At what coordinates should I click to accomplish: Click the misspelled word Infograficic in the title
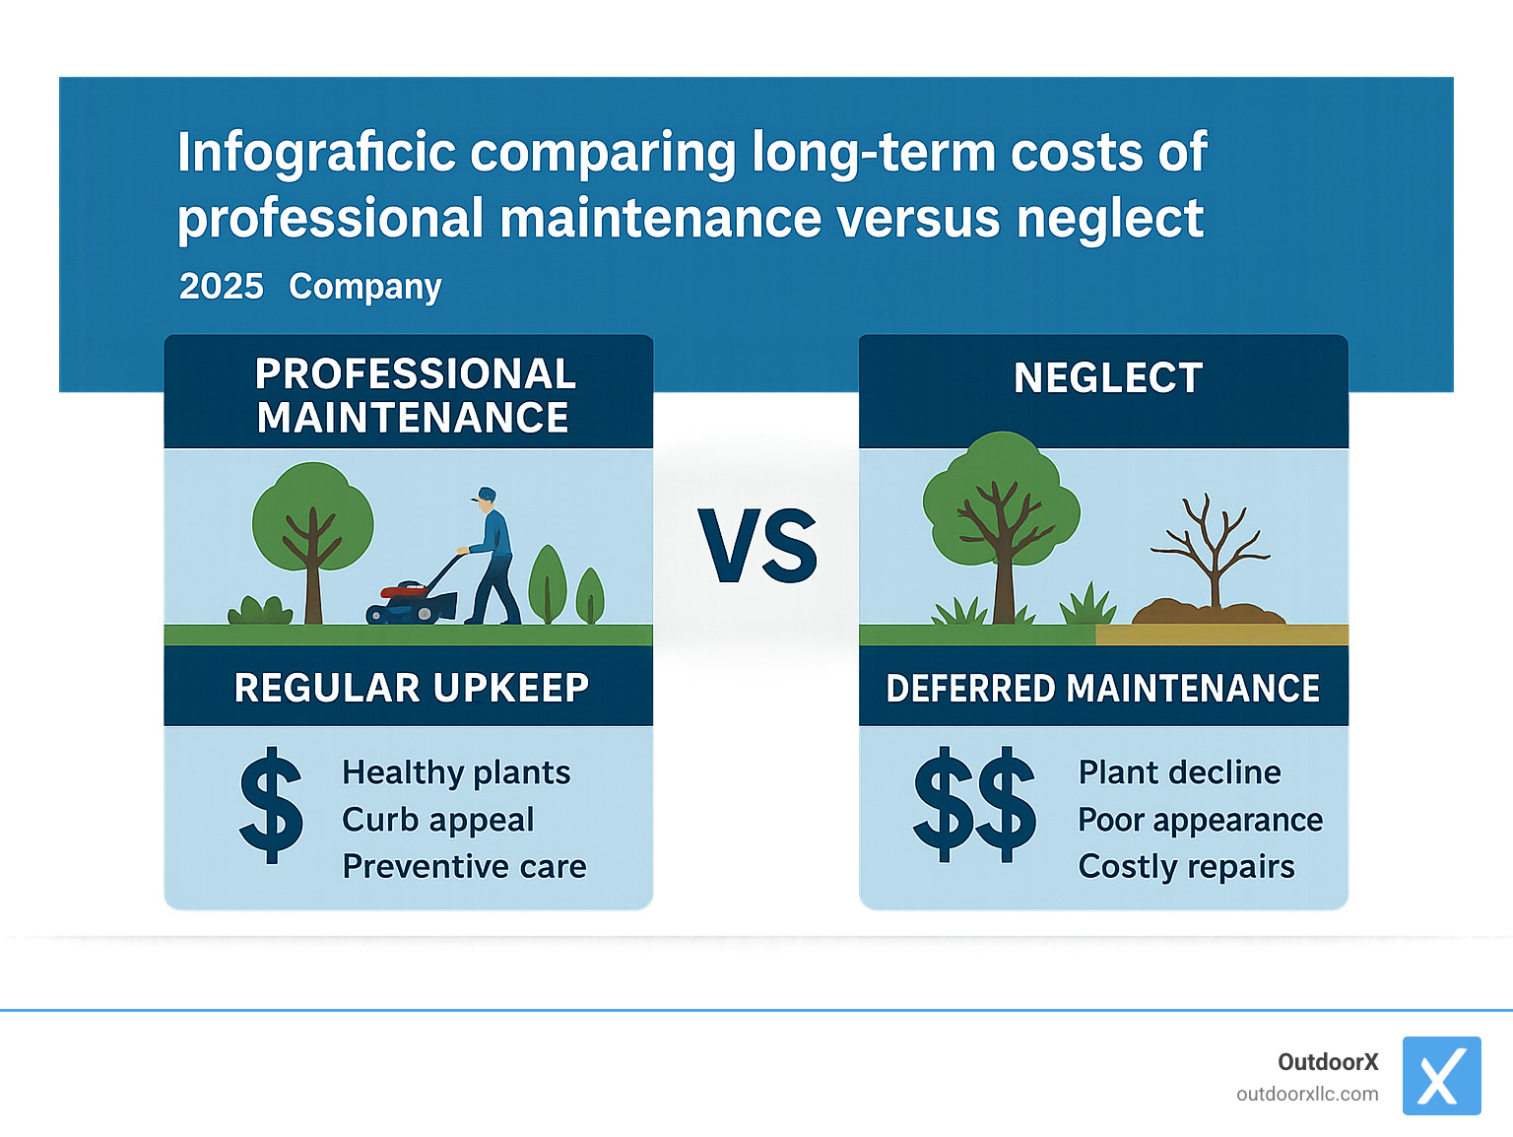316,154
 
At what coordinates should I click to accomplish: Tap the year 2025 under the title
221,287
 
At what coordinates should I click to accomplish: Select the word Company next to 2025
364,287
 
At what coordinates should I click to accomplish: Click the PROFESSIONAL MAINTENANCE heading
414,395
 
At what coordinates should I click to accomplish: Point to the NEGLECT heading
1107,378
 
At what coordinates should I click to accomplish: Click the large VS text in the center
757,547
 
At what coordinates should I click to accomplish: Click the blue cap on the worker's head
486,494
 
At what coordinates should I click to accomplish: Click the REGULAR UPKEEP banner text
411,688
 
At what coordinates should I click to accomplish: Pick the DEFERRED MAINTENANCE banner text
1102,689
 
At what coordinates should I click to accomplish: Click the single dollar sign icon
271,805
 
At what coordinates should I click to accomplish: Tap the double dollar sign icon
974,805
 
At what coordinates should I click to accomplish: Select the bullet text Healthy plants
456,772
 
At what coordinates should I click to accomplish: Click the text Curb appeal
437,820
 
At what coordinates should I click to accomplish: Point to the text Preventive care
464,867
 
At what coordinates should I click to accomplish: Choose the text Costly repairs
1186,867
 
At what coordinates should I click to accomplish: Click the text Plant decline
1179,772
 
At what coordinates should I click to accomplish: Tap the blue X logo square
1441,1076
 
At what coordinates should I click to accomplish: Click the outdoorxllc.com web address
1307,1095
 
